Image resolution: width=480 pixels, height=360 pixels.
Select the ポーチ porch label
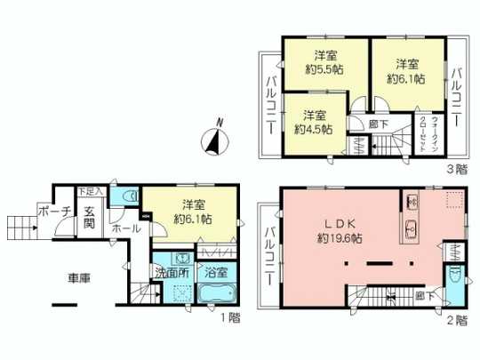tap(48, 211)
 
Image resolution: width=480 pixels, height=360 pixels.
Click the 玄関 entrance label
tap(90, 217)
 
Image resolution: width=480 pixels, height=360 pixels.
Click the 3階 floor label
tap(456, 166)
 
